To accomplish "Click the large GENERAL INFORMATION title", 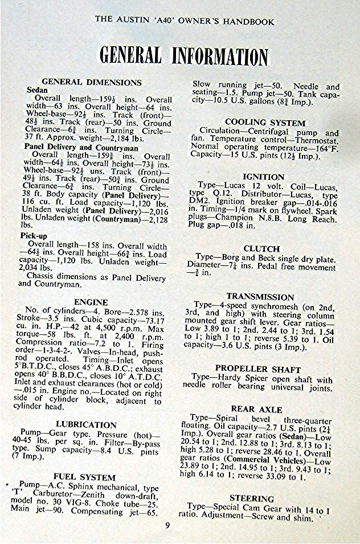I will tap(183, 56).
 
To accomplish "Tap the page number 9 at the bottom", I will tap(167, 525).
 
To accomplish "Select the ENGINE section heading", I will tap(91, 301).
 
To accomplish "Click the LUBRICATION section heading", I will tap(86, 424).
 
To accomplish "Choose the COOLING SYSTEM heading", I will tap(265, 122).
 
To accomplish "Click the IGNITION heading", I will tap(263, 177).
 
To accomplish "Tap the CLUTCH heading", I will tap(261, 249).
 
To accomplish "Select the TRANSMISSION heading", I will tap(260, 296).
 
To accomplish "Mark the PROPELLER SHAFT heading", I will tap(257, 369).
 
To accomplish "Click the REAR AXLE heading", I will tap(256, 409).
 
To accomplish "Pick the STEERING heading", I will tap(251, 498).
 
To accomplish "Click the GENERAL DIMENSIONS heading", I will tap(92, 82).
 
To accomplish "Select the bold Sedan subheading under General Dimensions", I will tap(38, 91).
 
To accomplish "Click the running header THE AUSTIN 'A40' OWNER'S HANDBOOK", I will tap(184, 22).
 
